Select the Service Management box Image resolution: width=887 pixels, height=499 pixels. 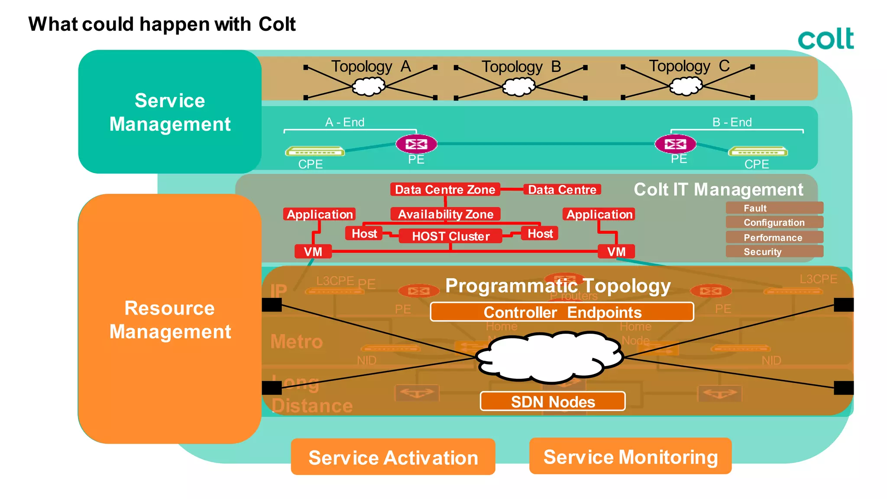pos(170,112)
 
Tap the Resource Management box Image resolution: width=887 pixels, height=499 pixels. pos(170,319)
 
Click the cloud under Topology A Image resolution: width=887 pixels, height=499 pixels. pos(369,87)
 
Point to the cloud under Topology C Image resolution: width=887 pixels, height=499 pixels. pos(686,86)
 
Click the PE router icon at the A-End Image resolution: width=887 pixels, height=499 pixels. pos(416,144)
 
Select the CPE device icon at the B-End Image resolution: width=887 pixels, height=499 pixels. pos(758,151)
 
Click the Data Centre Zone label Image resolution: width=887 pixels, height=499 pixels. pos(445,190)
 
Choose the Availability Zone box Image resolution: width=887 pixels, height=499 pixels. pos(445,214)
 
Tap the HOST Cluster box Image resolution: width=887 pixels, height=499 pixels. pos(450,236)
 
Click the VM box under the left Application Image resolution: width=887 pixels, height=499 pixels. pos(313,251)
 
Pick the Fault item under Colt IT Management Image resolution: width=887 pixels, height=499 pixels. pos(774,208)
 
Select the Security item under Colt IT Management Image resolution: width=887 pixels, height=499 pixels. pos(774,252)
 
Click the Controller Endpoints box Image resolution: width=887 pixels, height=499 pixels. pos(562,312)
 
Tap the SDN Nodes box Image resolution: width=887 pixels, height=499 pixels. pos(553,402)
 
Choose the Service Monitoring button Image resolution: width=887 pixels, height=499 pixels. pos(630,457)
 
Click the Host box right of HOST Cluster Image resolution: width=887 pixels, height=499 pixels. pos(540,234)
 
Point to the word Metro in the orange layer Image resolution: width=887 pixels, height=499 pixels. pos(297,341)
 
